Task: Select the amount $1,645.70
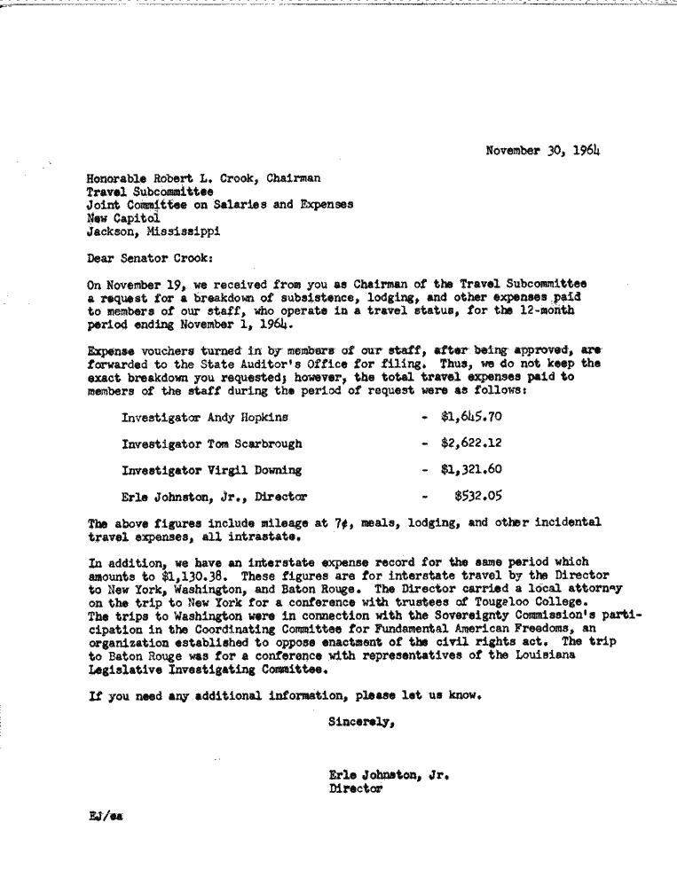(471, 416)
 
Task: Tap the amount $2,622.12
(471, 443)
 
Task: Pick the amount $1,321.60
(471, 469)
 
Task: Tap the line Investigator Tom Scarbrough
(211, 443)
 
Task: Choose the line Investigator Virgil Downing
(211, 470)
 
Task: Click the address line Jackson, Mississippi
(153, 231)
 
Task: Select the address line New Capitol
(123, 217)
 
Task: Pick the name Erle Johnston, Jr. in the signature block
(389, 774)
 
